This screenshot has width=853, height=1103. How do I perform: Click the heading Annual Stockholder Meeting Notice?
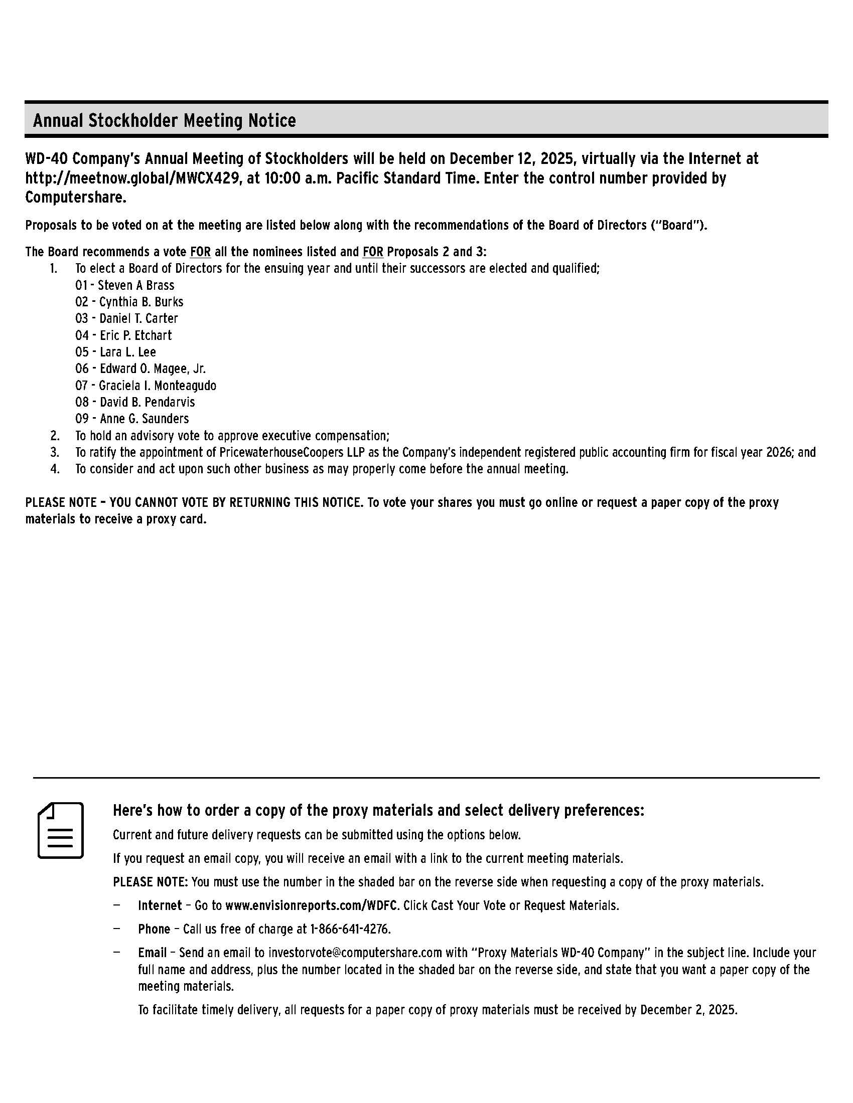[164, 121]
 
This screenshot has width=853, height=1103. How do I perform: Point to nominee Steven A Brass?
[135, 285]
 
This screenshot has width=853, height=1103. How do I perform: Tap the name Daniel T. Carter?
[138, 319]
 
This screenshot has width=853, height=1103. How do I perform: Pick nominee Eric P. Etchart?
[135, 335]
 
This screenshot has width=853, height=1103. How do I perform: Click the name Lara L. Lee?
[128, 352]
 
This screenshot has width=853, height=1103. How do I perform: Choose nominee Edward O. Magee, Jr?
[152, 369]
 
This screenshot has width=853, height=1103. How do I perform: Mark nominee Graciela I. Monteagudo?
[157, 386]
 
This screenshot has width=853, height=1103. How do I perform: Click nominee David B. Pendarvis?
[147, 402]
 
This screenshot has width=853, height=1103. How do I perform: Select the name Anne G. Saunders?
[144, 419]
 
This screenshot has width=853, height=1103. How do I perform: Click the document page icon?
[61, 830]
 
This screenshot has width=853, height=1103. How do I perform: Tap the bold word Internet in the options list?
[160, 905]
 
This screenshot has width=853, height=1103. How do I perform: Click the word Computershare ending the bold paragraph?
[75, 198]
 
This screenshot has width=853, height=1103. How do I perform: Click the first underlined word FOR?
[200, 252]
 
